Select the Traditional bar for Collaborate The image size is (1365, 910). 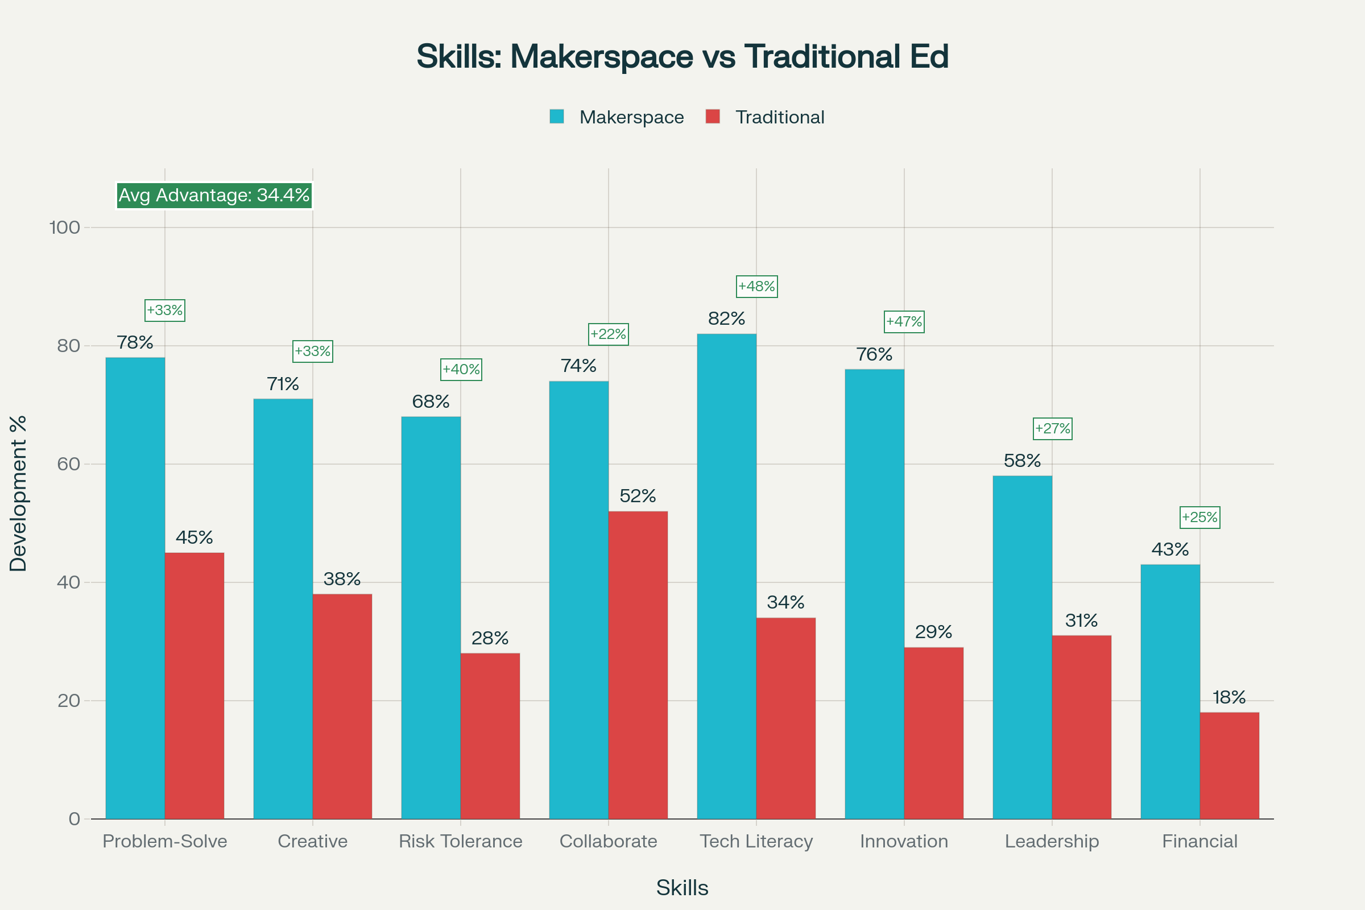click(x=638, y=665)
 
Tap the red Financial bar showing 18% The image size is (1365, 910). click(x=1229, y=766)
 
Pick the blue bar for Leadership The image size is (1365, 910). click(x=1022, y=647)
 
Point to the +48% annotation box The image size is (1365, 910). click(x=756, y=287)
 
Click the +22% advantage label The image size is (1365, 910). click(x=608, y=334)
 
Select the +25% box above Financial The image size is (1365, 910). click(x=1199, y=517)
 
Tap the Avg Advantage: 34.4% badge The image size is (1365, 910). click(x=214, y=195)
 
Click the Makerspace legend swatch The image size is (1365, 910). click(x=557, y=117)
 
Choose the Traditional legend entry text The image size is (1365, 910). click(x=779, y=117)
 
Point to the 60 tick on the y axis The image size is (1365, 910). click(x=68, y=464)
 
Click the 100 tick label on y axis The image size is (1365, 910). click(x=64, y=227)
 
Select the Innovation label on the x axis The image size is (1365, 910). click(x=904, y=841)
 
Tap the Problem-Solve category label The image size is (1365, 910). click(x=165, y=841)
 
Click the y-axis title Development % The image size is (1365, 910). click(x=19, y=493)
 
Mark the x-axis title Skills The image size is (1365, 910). click(x=682, y=888)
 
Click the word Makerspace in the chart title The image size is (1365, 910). click(x=601, y=56)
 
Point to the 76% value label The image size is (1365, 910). click(x=874, y=354)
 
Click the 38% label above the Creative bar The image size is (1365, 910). click(x=342, y=578)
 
